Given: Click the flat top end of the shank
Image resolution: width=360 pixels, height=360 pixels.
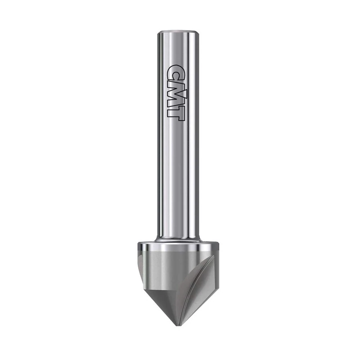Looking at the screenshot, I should (x=178, y=32).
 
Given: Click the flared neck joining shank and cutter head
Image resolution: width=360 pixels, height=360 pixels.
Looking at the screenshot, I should (x=178, y=238).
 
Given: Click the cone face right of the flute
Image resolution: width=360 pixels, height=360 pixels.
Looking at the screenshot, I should (x=205, y=292).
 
